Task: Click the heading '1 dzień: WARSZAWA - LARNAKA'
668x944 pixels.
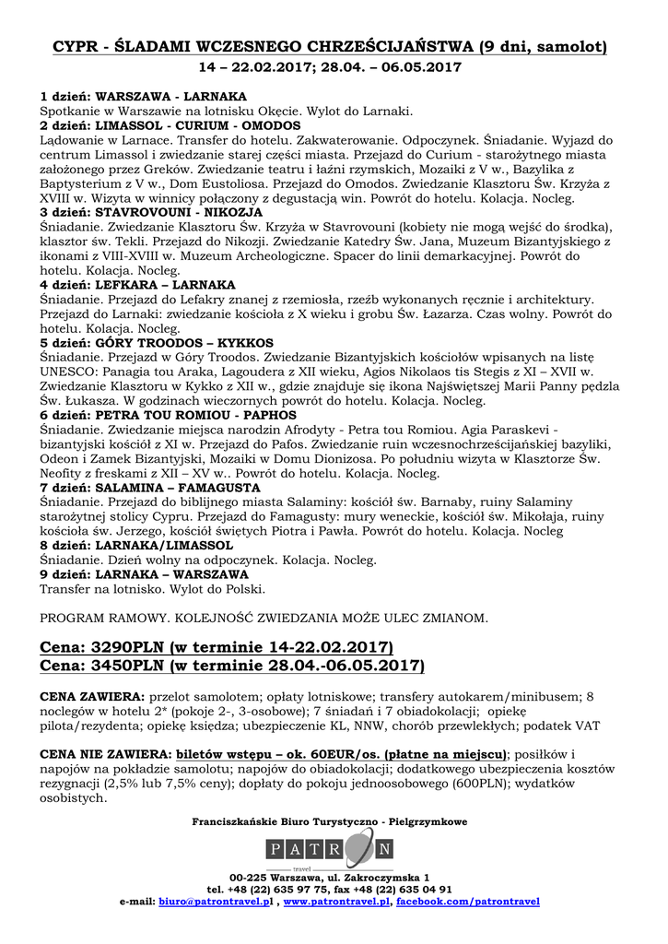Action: [143, 96]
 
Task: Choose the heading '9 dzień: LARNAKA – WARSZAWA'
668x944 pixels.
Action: [145, 573]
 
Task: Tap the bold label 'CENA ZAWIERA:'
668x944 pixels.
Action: [93, 695]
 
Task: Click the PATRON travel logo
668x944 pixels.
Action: [329, 849]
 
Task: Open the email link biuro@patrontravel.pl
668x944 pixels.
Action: [216, 902]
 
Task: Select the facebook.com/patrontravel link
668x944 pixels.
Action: [468, 902]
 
